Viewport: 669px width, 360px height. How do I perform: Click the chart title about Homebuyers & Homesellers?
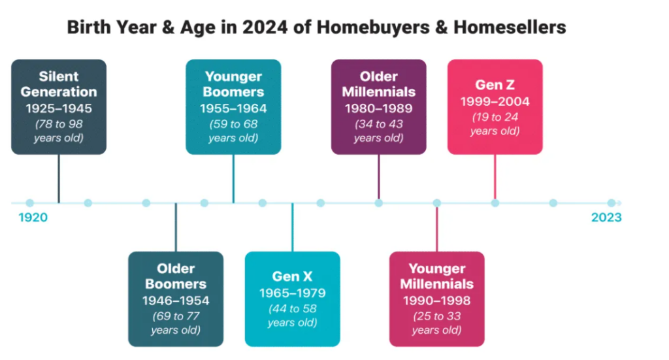(317, 27)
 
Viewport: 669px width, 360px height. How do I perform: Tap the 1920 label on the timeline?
(33, 218)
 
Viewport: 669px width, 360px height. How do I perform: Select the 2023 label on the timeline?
(606, 218)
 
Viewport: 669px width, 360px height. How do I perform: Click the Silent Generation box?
(59, 106)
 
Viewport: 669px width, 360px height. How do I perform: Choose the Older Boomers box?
(176, 299)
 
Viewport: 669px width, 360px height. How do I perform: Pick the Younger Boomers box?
(233, 106)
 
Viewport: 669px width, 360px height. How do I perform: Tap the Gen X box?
(292, 299)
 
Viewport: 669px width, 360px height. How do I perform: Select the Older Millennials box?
(378, 106)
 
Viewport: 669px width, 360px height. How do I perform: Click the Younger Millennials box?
(437, 299)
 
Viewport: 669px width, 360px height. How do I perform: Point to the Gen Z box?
(495, 106)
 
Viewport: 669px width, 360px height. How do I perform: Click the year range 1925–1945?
(59, 108)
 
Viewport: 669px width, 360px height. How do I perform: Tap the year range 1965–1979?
(292, 293)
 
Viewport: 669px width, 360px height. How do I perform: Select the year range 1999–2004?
(495, 101)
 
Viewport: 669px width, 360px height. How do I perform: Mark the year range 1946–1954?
(176, 301)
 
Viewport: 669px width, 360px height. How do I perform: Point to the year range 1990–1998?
(437, 301)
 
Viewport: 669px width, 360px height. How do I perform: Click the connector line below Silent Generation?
(59, 179)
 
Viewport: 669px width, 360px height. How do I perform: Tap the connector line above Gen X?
(292, 227)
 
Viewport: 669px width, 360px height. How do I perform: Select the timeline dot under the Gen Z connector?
(495, 203)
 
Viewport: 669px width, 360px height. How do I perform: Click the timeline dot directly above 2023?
(612, 203)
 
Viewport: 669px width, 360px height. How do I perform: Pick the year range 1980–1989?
(378, 108)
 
